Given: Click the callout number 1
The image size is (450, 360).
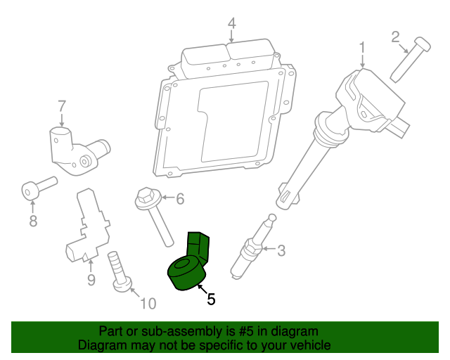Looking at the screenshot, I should pyautogui.click(x=362, y=48).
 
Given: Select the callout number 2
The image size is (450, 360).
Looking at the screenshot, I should pyautogui.click(x=395, y=36).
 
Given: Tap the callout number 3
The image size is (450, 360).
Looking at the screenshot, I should pyautogui.click(x=281, y=250).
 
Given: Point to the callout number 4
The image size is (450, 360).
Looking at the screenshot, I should pyautogui.click(x=231, y=25).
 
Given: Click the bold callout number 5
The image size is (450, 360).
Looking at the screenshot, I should pyautogui.click(x=210, y=299).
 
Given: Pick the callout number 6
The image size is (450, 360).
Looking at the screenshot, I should pyautogui.click(x=179, y=199).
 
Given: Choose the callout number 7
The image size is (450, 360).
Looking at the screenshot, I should pyautogui.click(x=62, y=106).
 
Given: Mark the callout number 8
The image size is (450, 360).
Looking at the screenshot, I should pyautogui.click(x=32, y=222).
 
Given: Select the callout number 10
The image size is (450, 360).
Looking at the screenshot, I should pyautogui.click(x=148, y=304).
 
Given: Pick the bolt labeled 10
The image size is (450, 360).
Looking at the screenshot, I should pyautogui.click(x=119, y=274).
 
